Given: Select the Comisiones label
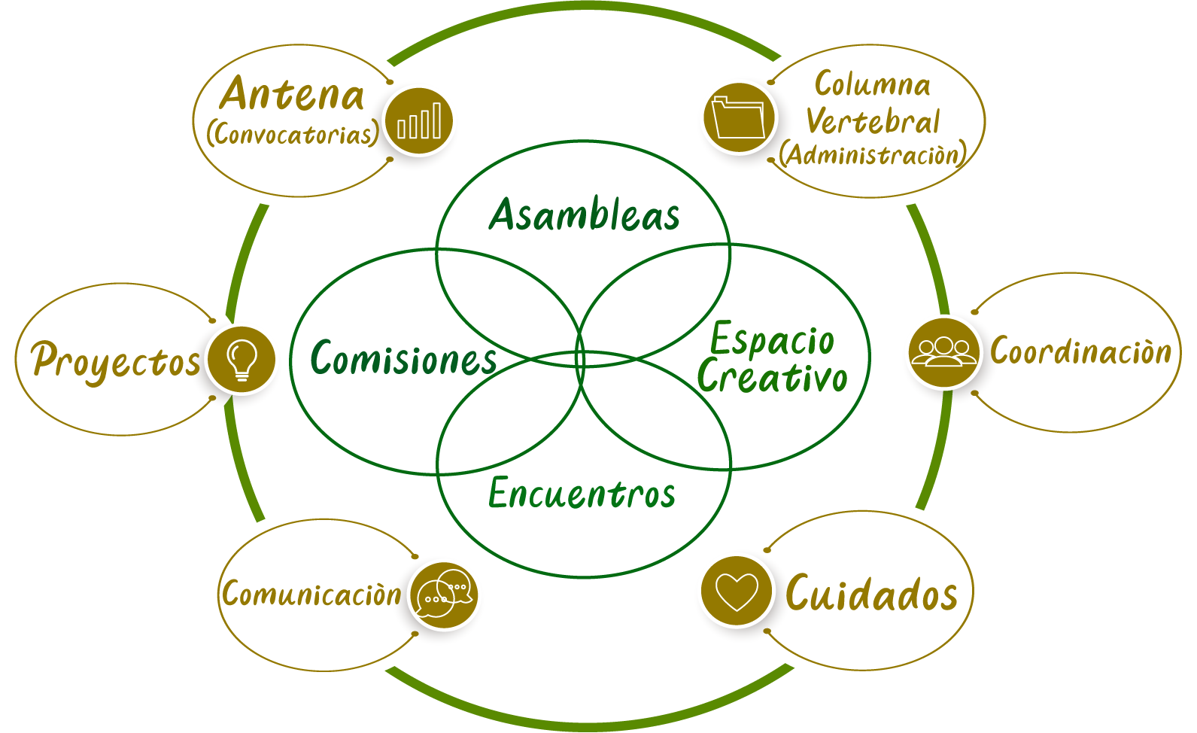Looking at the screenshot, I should [x=404, y=358].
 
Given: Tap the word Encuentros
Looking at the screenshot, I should [x=582, y=494].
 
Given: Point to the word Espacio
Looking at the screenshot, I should [x=773, y=340].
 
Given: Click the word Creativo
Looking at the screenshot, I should [x=773, y=377].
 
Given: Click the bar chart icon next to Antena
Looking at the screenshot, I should [x=419, y=121].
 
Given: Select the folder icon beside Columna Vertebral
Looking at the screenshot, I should [x=740, y=118].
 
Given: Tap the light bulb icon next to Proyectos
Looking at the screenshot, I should [x=242, y=358].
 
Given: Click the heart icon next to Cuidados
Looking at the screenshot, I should [x=737, y=592].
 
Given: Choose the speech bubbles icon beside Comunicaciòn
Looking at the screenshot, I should [x=444, y=595].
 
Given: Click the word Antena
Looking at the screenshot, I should [x=292, y=95].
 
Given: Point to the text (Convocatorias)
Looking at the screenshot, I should [x=293, y=134].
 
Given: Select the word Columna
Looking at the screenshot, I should [x=873, y=84].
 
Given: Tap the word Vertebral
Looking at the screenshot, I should [x=873, y=121].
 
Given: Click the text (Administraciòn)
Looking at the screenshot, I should [x=873, y=154].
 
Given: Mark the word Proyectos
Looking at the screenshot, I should [x=116, y=360].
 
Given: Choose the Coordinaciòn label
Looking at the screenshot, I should [x=1080, y=351].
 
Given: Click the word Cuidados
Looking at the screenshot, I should [x=871, y=593].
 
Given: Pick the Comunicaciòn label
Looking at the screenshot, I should [x=311, y=594].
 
